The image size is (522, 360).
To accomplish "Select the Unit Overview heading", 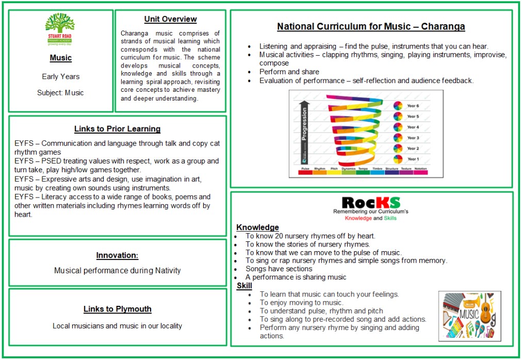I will [x=170, y=19].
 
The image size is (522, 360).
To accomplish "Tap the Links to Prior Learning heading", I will [x=117, y=129].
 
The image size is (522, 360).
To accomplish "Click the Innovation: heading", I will [x=117, y=255].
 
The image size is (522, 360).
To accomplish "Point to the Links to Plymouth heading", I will [x=117, y=309].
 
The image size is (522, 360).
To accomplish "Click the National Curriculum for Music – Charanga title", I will [x=371, y=26].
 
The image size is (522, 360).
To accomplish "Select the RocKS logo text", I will [x=371, y=202].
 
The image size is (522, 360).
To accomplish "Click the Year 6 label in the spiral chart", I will [x=413, y=106].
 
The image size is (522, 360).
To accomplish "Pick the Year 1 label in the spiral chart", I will [x=413, y=159].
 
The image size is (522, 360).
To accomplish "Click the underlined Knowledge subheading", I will [x=257, y=227].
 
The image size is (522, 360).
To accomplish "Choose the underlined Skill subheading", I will [x=244, y=286].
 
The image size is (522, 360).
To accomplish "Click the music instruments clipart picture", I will [x=466, y=315].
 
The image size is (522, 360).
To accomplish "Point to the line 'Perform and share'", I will [x=289, y=72].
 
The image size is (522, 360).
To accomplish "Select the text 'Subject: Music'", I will [x=60, y=93].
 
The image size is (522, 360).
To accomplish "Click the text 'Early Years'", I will [x=61, y=76].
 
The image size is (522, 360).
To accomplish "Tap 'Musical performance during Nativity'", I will [x=117, y=270].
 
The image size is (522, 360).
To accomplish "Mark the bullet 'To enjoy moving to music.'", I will [x=301, y=303].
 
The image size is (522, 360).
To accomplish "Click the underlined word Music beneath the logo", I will [x=61, y=58].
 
